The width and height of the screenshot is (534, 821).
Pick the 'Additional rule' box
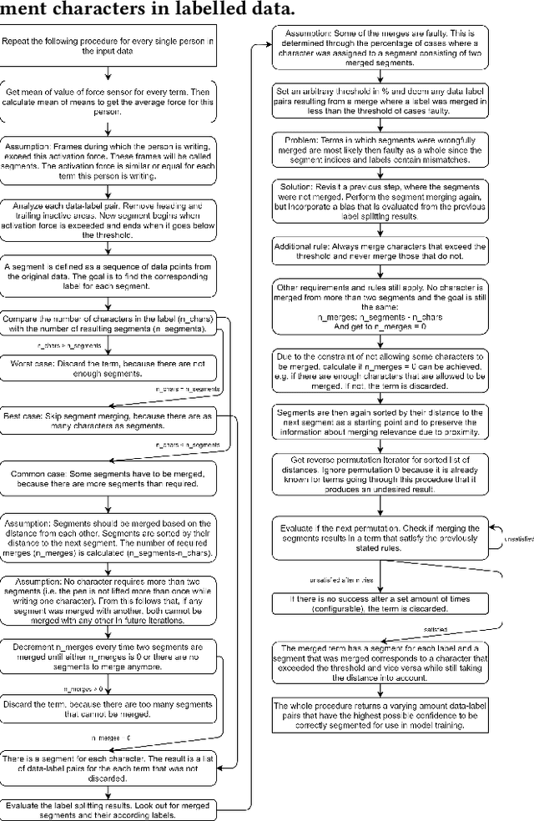coord(380,253)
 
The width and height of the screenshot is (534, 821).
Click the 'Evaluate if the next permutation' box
coord(380,535)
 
